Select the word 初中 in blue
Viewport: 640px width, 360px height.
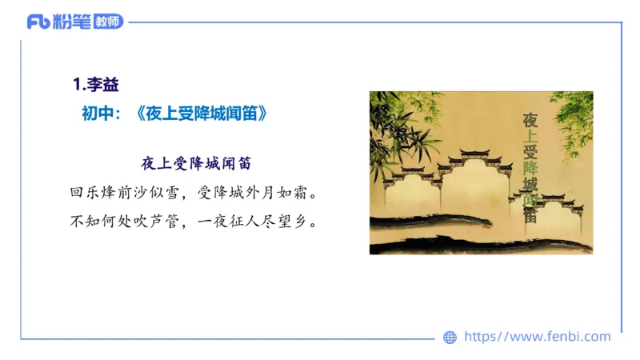pos(97,114)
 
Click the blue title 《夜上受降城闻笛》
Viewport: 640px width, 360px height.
pos(202,114)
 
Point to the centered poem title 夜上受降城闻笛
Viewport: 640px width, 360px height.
pos(197,163)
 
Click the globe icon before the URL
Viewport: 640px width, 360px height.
pos(450,338)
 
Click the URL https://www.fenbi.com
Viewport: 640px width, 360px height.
pos(538,337)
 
